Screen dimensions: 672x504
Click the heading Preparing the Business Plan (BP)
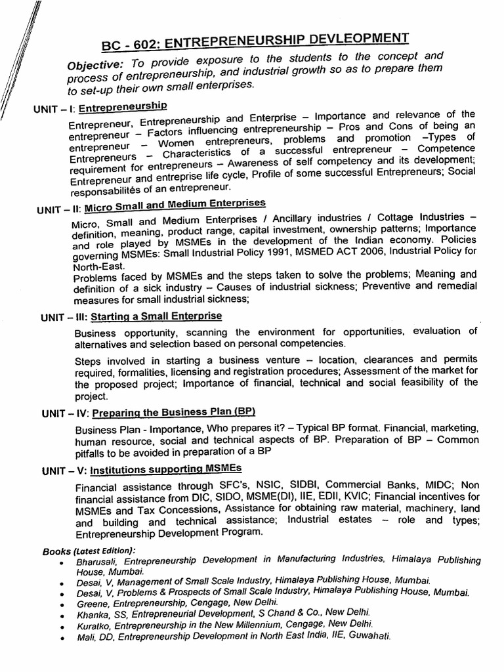tap(173, 412)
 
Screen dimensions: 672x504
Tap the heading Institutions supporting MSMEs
tap(165, 469)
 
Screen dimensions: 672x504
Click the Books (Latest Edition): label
tap(89, 550)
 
